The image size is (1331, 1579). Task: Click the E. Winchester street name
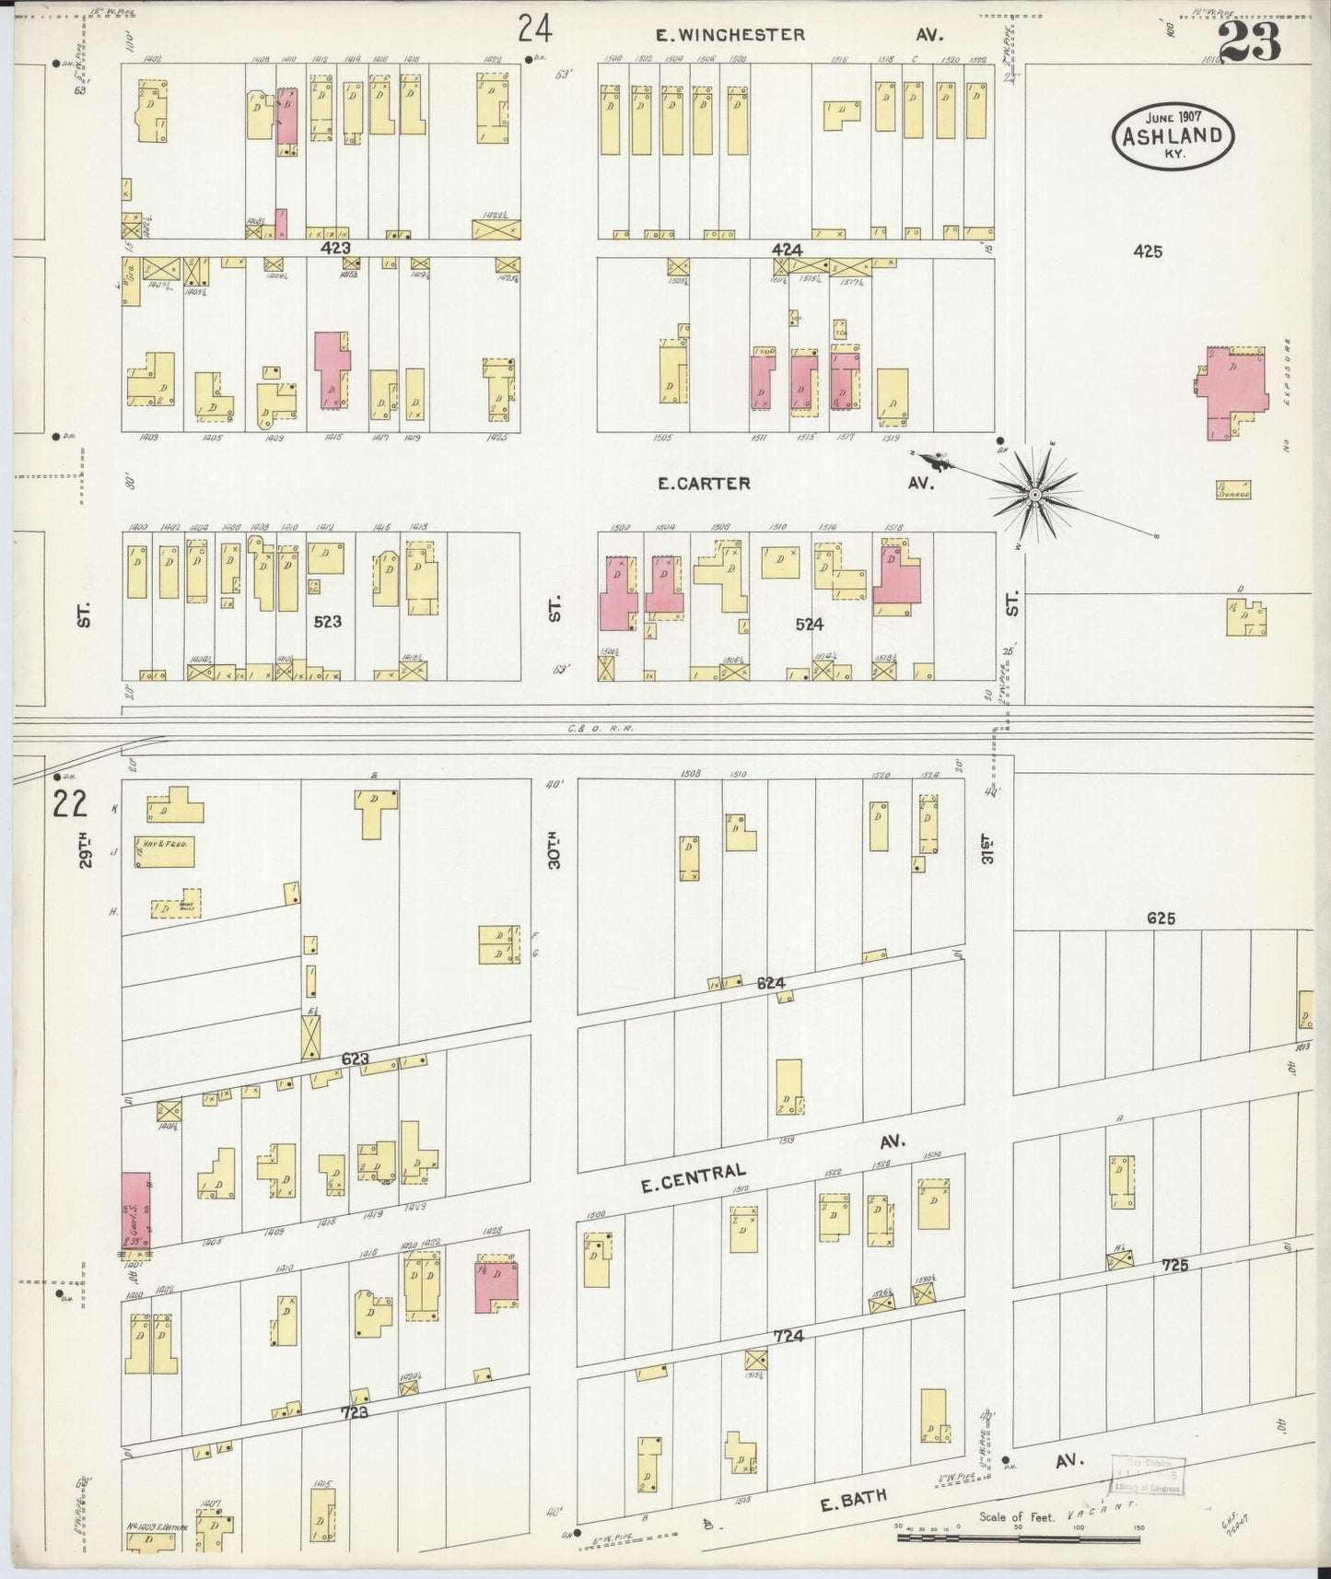click(x=730, y=35)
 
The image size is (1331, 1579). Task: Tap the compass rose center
click(x=1035, y=495)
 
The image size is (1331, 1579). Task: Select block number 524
click(x=809, y=624)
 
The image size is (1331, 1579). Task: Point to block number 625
click(x=1161, y=918)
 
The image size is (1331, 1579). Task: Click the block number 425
click(x=1148, y=251)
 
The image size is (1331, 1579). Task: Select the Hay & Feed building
click(x=166, y=852)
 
